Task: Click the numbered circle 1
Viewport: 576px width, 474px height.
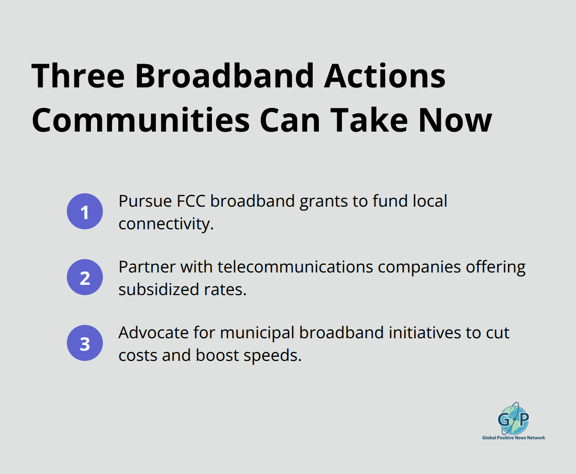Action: (x=85, y=212)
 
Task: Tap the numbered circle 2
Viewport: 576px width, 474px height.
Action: (x=85, y=278)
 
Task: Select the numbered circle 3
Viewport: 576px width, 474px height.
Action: (x=85, y=343)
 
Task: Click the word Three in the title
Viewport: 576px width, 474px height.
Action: (x=78, y=77)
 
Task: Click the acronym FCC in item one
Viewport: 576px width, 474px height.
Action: (x=190, y=200)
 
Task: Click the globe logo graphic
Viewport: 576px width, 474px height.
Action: (x=513, y=418)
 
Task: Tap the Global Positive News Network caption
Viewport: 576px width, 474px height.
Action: (x=513, y=438)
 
